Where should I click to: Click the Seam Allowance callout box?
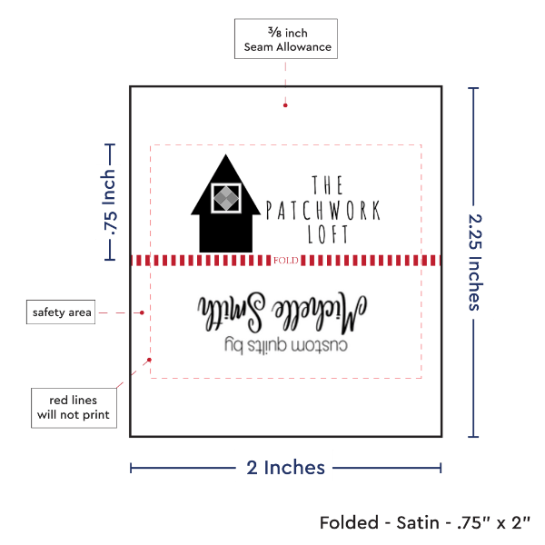[x=285, y=39]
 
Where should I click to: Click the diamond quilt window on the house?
[x=223, y=197]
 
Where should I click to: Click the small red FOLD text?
[x=285, y=261]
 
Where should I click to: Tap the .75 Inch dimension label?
[x=110, y=203]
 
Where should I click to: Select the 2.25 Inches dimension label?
[x=475, y=262]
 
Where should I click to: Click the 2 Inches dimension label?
[x=285, y=468]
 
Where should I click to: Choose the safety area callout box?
[x=62, y=312]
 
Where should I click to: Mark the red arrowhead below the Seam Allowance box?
[x=285, y=104]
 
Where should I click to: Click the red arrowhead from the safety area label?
[x=144, y=312]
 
